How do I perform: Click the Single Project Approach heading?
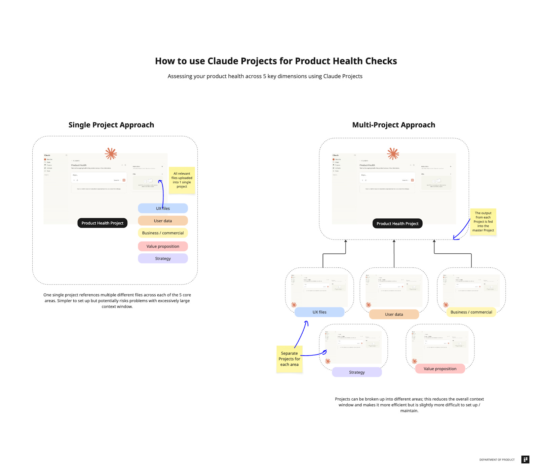pyautogui.click(x=111, y=125)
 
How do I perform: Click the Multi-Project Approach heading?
pyautogui.click(x=393, y=125)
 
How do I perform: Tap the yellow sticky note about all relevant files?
pyautogui.click(x=182, y=180)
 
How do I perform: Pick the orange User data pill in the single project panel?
pyautogui.click(x=163, y=221)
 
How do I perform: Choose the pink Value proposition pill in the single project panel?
pyautogui.click(x=163, y=246)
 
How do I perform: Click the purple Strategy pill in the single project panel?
pyautogui.click(x=163, y=258)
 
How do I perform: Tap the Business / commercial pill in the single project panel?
pyautogui.click(x=163, y=233)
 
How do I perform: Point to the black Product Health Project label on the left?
pyautogui.click(x=102, y=223)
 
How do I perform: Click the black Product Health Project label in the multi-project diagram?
pyautogui.click(x=397, y=224)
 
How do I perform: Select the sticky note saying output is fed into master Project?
pyautogui.click(x=483, y=222)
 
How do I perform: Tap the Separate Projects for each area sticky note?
pyautogui.click(x=289, y=359)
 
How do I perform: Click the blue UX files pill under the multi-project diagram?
pyautogui.click(x=319, y=312)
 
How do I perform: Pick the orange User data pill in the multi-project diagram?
pyautogui.click(x=394, y=314)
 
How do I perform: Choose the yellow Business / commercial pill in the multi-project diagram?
pyautogui.click(x=471, y=312)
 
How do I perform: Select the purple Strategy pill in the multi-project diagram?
pyautogui.click(x=357, y=372)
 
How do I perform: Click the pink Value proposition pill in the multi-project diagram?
pyautogui.click(x=440, y=369)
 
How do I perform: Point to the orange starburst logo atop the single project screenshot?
pyautogui.click(x=111, y=154)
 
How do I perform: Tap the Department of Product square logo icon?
pyautogui.click(x=525, y=460)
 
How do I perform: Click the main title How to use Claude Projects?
pyautogui.click(x=276, y=61)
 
